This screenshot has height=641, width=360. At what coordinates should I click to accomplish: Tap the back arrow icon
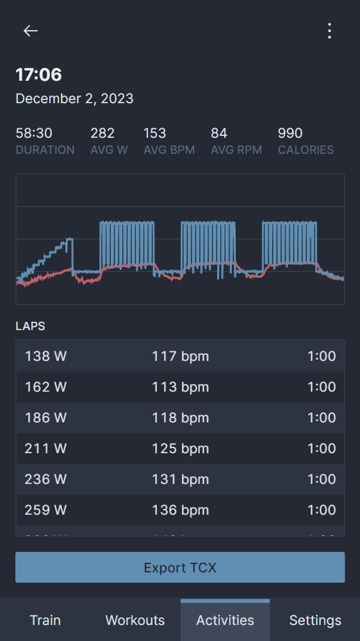pyautogui.click(x=31, y=31)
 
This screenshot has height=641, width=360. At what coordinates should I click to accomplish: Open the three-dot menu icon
pyautogui.click(x=329, y=31)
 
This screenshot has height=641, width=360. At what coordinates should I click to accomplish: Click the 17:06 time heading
pyautogui.click(x=38, y=75)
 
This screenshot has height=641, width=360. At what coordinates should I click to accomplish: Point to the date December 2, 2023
pyautogui.click(x=74, y=99)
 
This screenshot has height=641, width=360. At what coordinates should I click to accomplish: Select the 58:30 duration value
pyautogui.click(x=34, y=133)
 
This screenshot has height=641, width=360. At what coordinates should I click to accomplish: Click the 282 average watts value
pyautogui.click(x=102, y=133)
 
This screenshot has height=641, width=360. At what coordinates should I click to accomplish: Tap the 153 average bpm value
pyautogui.click(x=155, y=133)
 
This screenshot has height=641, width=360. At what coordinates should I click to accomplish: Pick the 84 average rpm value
pyautogui.click(x=219, y=133)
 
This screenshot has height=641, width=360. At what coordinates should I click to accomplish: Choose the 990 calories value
pyautogui.click(x=290, y=133)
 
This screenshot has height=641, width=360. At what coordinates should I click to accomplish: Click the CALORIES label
pyautogui.click(x=306, y=150)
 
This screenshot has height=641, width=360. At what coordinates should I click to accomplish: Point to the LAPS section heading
pyautogui.click(x=30, y=326)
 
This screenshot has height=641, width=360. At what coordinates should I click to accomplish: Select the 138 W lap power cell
pyautogui.click(x=45, y=356)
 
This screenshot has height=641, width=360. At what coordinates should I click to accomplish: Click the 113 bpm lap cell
pyautogui.click(x=180, y=387)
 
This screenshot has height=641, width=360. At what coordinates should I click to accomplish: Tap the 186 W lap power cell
pyautogui.click(x=45, y=418)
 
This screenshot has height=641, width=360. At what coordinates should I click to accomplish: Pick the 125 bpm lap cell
pyautogui.click(x=180, y=449)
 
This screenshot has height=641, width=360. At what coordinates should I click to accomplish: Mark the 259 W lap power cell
pyautogui.click(x=45, y=510)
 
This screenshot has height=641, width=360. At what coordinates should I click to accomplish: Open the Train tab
pyautogui.click(x=45, y=620)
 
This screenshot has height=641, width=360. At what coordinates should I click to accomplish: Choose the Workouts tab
pyautogui.click(x=135, y=620)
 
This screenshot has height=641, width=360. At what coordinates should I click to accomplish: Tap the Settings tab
pyautogui.click(x=315, y=620)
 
